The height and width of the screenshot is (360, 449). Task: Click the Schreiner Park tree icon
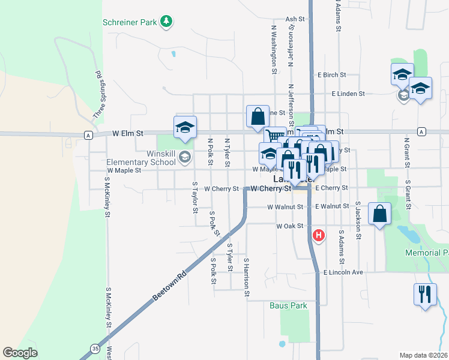point(167,22)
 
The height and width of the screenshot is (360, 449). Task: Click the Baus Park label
point(288,305)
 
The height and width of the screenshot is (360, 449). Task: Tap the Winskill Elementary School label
point(141,158)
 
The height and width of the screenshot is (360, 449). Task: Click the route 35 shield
point(95,348)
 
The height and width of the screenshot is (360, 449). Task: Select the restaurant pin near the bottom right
point(425,295)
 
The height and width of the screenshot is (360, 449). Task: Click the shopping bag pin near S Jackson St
point(379,214)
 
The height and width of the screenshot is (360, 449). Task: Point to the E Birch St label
point(332,75)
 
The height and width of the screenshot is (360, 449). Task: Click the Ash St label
point(296,19)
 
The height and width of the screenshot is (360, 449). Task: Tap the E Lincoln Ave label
point(343,272)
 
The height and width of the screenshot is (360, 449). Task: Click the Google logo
point(20,352)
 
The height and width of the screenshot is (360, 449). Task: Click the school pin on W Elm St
point(185,127)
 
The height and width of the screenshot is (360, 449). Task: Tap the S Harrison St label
point(246,277)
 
